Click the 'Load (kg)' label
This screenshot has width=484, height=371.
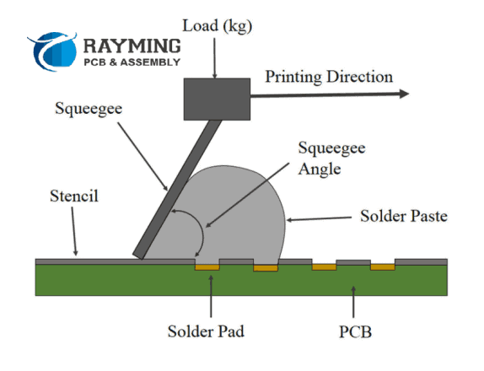[218, 26]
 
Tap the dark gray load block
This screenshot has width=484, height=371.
[217, 99]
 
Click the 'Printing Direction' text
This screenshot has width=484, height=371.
[329, 78]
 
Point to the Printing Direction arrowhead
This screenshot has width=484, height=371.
[404, 94]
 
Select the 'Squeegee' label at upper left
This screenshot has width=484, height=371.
[89, 109]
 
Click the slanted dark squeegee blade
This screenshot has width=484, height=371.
[177, 190]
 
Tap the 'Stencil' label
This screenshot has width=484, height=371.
[74, 196]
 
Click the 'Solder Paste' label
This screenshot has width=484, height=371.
[404, 216]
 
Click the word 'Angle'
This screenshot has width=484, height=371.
[320, 169]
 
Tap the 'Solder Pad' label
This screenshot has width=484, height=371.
[206, 331]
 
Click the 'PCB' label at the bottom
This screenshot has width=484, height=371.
[355, 332]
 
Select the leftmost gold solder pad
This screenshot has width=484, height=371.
[207, 267]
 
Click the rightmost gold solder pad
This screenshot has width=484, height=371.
[383, 267]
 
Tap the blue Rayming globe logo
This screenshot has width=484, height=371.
[52, 51]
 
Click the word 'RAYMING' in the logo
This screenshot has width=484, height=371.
[132, 46]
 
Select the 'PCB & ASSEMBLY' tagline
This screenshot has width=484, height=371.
[132, 62]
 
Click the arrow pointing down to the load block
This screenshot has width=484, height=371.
[214, 58]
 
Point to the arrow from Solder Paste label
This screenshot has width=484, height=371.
[320, 219]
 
